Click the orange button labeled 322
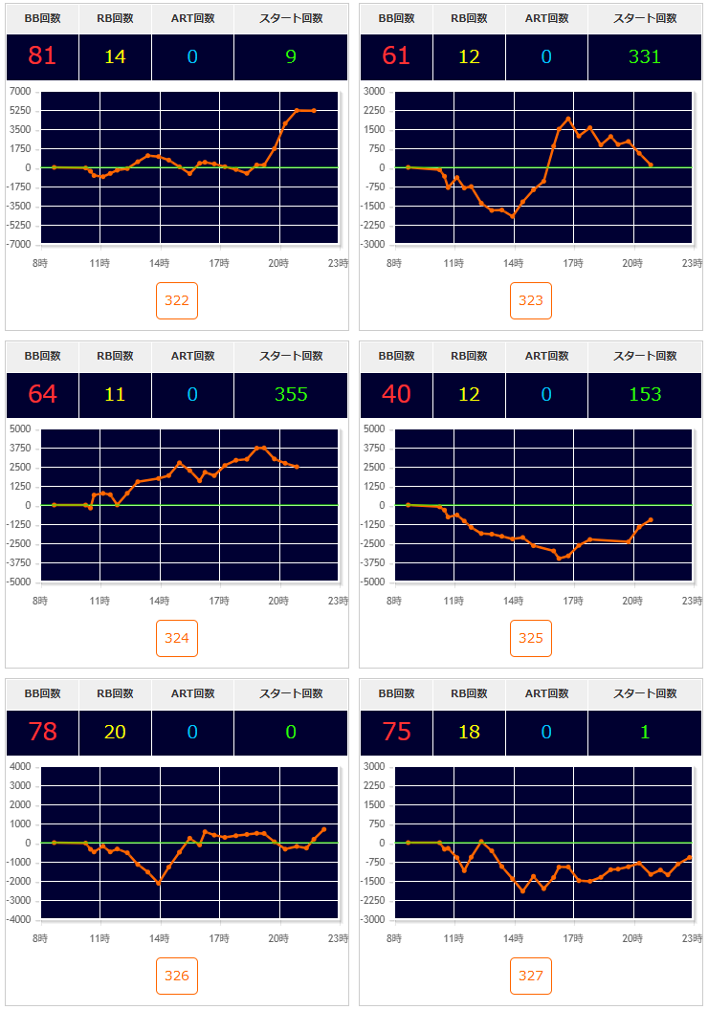177,300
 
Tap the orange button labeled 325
531,638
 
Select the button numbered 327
531,976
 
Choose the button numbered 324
177,638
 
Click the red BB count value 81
42,56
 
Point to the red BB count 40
396,394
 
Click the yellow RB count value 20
115,732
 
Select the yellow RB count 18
469,732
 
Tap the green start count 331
645,56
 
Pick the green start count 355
291,394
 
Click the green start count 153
645,394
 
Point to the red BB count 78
42,732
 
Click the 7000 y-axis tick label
19,92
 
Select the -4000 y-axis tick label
18,920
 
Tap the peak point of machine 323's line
568,119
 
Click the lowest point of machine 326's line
159,883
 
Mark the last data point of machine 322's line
314,110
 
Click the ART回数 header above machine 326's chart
192,693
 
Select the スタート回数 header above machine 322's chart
291,18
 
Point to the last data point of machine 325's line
651,520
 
